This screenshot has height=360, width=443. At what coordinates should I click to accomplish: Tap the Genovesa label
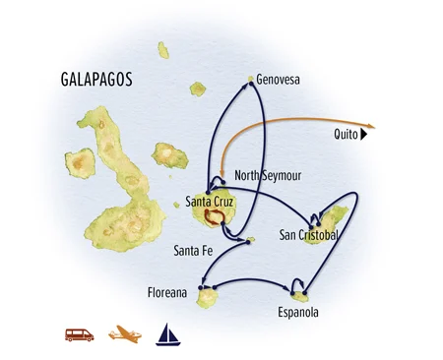click(x=278, y=78)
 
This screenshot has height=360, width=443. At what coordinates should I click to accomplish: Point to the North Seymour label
click(x=268, y=176)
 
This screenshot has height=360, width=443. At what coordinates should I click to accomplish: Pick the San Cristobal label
click(x=310, y=235)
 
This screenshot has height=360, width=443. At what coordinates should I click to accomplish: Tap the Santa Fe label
click(x=193, y=249)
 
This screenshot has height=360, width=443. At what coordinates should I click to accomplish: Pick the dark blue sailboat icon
click(x=164, y=333)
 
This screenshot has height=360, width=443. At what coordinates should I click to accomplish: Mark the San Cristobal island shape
click(x=331, y=219)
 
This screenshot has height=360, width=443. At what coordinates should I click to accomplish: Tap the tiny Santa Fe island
click(x=251, y=239)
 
